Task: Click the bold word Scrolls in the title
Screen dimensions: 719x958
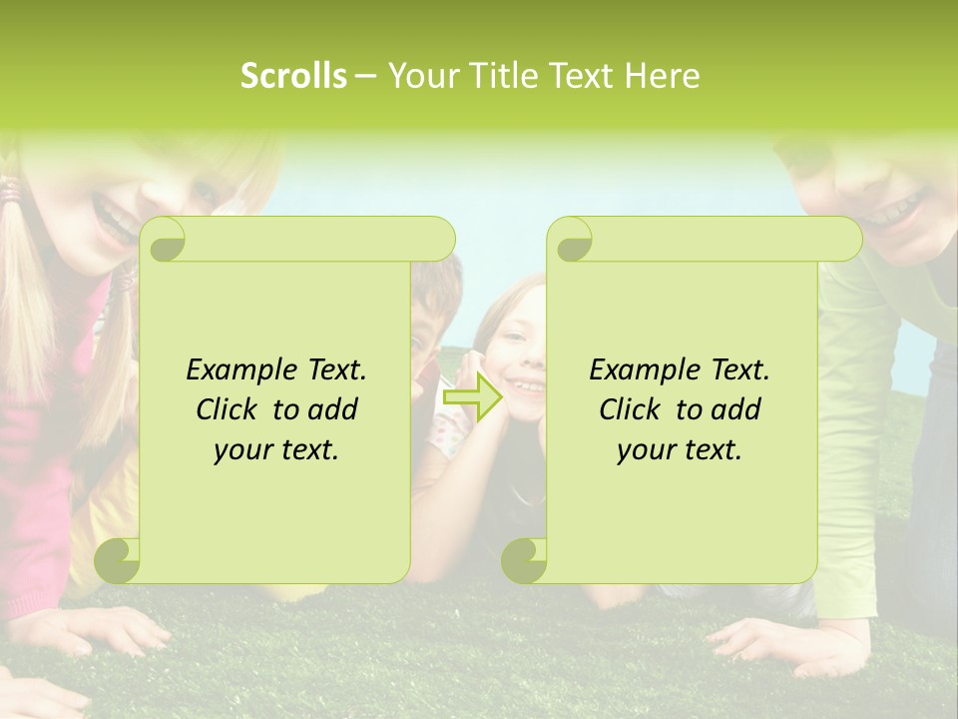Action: point(293,75)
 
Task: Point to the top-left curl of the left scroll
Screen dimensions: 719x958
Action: point(163,239)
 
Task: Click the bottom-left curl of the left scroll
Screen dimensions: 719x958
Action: point(117,561)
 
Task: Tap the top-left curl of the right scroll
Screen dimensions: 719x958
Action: point(570,239)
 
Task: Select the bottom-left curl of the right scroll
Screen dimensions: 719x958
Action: point(524,561)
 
